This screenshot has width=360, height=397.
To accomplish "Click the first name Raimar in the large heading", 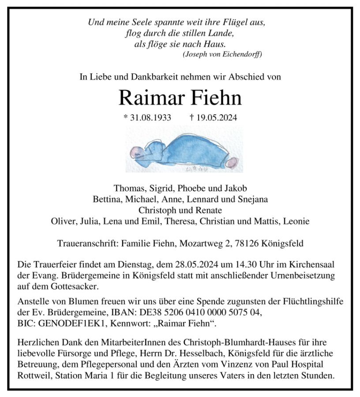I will click(x=149, y=98).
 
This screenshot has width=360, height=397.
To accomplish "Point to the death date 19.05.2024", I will click(x=213, y=118).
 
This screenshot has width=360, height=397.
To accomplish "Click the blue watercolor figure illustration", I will click(x=184, y=149).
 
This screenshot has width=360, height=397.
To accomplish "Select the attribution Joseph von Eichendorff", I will click(x=222, y=54).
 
